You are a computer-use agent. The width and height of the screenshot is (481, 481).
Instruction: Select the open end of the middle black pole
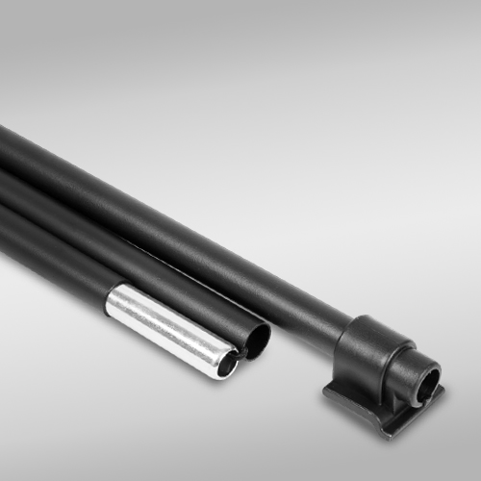coord(258,338)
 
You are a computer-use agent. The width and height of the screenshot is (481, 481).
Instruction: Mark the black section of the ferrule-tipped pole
coord(48,260)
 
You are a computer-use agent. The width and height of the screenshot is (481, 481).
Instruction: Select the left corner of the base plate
coord(324,390)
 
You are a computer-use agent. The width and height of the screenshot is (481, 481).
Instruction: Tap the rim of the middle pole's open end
coord(267,333)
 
